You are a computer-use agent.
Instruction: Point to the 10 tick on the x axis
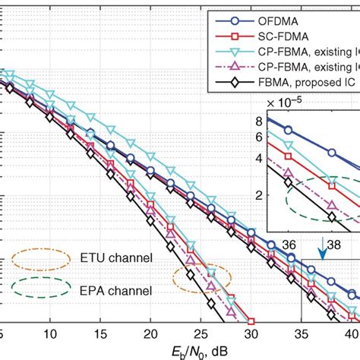[50, 333]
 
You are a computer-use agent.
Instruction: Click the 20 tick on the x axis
[150, 333]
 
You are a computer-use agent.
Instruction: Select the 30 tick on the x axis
[251, 333]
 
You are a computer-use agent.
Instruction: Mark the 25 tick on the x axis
[201, 333]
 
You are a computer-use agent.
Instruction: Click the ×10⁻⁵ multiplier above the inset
[291, 103]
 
